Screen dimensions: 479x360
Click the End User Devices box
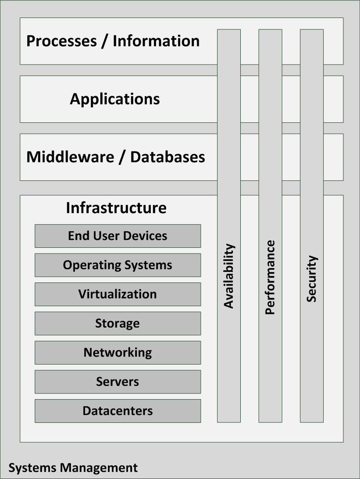118,236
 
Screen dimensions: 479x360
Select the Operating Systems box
118,265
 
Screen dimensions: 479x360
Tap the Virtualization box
118,294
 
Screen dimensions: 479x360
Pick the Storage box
118,323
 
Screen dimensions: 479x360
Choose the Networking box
118,352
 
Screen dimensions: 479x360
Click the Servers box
118,382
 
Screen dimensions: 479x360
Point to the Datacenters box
118,411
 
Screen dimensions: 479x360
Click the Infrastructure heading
116,207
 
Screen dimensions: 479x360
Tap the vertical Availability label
229,276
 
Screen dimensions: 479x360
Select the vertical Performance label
270,277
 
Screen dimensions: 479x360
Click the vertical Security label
312,279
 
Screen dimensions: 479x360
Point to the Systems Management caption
73,468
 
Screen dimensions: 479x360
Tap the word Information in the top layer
156,41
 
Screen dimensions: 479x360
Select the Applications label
115,99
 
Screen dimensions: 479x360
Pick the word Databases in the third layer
168,157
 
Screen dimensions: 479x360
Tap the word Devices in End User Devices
146,236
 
